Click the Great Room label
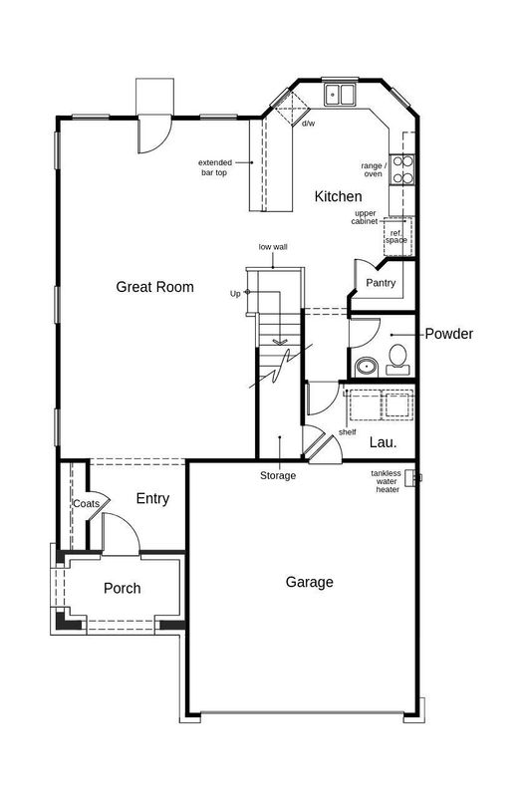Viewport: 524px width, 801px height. point(154,287)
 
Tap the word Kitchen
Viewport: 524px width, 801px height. point(338,196)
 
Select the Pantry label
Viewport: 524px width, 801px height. point(381,283)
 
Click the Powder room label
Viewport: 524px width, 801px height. point(448,334)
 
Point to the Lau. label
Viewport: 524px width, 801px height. point(384,441)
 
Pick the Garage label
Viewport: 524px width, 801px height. point(309,582)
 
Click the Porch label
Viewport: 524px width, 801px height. point(123,588)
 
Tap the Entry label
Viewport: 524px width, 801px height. point(152,499)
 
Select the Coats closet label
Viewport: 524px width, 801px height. point(85,504)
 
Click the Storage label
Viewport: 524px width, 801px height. point(278,476)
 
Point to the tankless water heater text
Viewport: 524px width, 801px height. point(386,481)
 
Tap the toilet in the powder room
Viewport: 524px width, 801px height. point(399,356)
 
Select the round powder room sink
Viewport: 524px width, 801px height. point(366,366)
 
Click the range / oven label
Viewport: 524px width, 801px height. point(373,169)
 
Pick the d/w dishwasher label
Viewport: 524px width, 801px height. point(309,124)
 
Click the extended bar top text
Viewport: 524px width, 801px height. point(214,167)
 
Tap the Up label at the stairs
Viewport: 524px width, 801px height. point(235,293)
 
